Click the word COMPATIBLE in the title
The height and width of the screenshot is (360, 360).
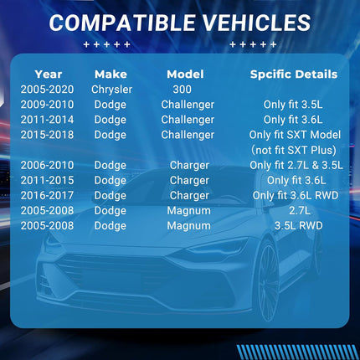[122, 23]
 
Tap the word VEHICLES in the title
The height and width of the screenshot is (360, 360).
[256, 23]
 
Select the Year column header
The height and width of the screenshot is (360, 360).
[49, 75]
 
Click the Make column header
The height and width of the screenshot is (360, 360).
[111, 75]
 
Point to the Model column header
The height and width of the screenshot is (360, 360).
[185, 75]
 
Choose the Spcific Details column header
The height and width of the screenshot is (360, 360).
[294, 75]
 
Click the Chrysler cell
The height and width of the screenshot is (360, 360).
[111, 90]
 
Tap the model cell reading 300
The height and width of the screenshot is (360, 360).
[182, 90]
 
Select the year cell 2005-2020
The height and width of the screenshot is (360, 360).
[47, 90]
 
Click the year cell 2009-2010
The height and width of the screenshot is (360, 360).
[47, 105]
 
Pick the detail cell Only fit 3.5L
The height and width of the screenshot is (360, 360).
[293, 105]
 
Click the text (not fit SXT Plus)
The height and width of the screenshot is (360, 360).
[294, 150]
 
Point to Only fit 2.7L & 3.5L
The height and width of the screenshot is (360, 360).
[296, 165]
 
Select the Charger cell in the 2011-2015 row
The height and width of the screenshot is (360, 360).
[189, 180]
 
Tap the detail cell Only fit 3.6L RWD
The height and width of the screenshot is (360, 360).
[296, 195]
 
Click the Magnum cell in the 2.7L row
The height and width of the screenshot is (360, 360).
[189, 211]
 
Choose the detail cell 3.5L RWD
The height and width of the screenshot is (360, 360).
[299, 225]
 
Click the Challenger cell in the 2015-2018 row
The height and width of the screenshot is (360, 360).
[188, 135]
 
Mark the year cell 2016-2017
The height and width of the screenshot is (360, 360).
[47, 195]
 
